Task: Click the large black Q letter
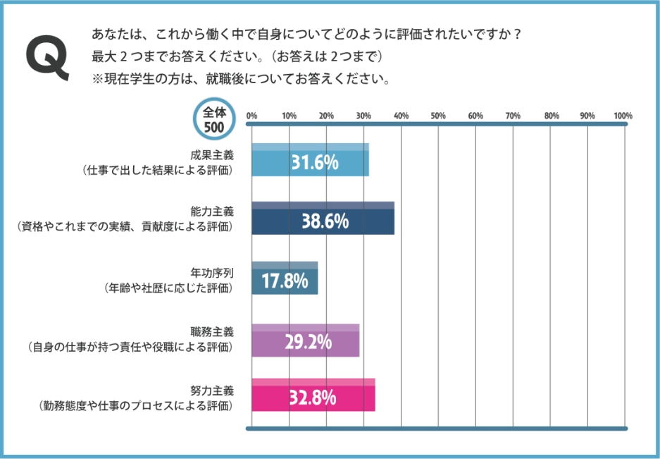(47, 56)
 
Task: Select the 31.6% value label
(315, 163)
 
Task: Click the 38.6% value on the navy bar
(325, 221)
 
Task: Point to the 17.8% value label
(285, 281)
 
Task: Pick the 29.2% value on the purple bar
(308, 342)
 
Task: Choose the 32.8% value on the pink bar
(313, 398)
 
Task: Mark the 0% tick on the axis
(251, 116)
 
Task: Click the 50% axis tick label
(438, 116)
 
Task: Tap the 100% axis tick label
(623, 116)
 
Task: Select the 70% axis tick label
(513, 116)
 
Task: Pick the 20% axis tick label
(326, 116)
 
